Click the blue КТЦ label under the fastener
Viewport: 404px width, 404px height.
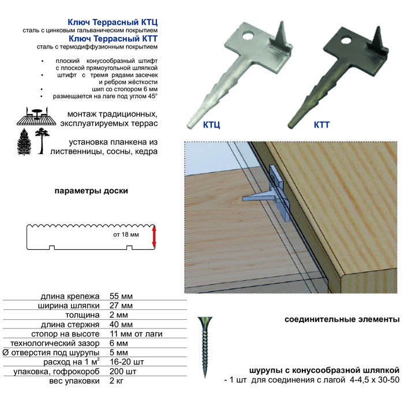click(211, 125)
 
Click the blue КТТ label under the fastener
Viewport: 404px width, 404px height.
click(321, 125)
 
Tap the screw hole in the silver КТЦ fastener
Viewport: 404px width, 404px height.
click(248, 35)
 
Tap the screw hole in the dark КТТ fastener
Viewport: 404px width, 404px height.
click(346, 41)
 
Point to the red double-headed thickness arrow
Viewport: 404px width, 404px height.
click(154, 237)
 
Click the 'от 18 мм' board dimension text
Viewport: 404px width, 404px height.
click(126, 234)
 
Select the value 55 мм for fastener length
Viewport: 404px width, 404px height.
click(121, 296)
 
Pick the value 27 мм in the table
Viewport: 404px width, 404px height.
click(121, 305)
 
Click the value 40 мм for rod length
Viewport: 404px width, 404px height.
click(121, 324)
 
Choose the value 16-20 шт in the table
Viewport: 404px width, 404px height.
click(127, 362)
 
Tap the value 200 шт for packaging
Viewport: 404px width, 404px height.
click(123, 372)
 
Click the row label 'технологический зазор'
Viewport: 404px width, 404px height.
click(55, 343)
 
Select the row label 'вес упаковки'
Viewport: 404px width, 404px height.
click(74, 381)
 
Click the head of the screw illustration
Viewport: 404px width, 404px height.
click(205, 322)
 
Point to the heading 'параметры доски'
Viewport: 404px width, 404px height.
click(91, 191)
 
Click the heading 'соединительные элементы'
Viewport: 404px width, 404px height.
click(342, 320)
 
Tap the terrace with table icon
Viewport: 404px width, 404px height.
click(36, 117)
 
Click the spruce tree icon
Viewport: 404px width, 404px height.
click(24, 142)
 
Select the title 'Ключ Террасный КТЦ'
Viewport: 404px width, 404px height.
click(113, 23)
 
